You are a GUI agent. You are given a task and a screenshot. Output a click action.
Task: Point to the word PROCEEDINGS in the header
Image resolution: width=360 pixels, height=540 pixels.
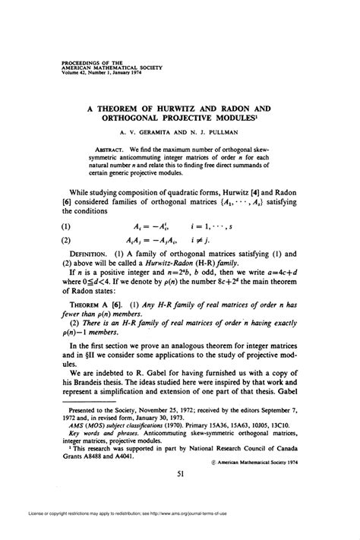point(79,55)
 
